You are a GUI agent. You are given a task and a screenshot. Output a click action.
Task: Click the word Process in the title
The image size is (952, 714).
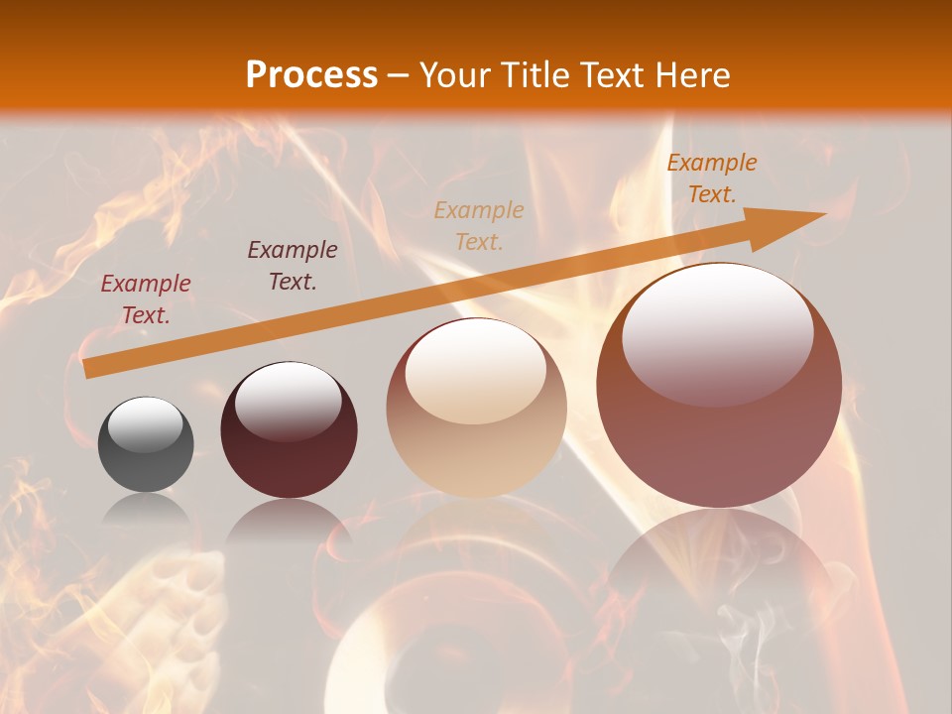311,75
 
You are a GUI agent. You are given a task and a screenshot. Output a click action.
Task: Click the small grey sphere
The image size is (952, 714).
146,445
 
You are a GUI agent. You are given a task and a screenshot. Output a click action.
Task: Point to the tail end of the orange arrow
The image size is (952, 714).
87,368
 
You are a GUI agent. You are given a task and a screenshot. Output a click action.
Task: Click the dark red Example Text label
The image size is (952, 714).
146,299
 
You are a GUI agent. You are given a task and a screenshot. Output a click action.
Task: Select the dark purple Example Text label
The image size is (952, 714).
293,266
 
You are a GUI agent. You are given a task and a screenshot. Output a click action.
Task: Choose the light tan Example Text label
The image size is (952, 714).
479,225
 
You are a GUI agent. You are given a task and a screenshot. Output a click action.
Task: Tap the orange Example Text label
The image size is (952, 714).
712,178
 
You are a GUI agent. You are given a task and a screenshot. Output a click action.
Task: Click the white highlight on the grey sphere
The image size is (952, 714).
146,423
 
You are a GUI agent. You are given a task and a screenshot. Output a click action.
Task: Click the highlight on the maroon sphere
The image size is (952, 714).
289,401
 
